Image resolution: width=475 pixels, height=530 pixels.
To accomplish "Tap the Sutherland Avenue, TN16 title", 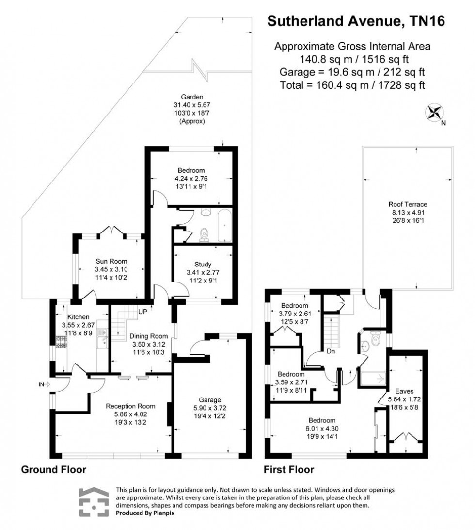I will (x=356, y=21).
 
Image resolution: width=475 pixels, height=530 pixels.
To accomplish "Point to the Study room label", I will (x=202, y=265).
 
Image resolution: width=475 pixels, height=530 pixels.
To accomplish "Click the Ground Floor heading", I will (x=53, y=469).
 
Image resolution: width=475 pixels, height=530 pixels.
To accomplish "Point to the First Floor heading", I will (x=289, y=469).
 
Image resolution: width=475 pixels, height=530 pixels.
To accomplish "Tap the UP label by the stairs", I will (x=143, y=311).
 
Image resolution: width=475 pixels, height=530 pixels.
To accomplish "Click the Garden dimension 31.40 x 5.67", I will (x=192, y=105).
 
